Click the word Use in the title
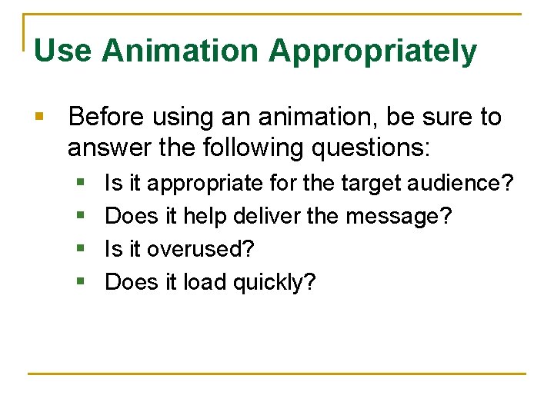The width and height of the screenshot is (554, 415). point(63,51)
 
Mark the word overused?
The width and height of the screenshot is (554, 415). point(200,250)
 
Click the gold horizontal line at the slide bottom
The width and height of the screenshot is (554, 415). point(277,374)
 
